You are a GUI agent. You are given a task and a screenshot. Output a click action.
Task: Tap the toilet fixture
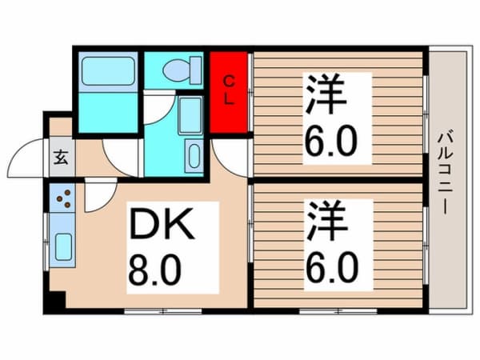pyautogui.click(x=175, y=71)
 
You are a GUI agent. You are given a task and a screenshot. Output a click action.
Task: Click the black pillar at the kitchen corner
pyautogui.click(x=55, y=304)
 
